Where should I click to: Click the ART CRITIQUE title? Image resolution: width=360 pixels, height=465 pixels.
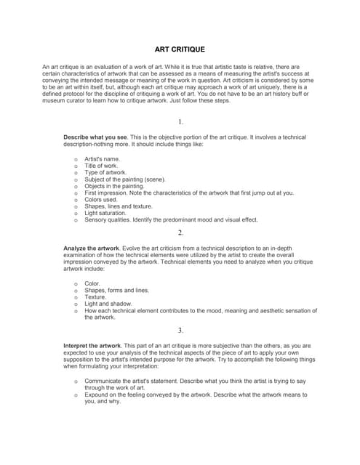(180, 49)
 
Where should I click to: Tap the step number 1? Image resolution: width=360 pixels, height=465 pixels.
(180, 121)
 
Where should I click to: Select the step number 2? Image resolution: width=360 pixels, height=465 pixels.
(180, 232)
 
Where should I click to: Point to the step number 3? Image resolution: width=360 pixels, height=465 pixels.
(180, 330)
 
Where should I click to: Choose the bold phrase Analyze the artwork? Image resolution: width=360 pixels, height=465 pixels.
(95, 248)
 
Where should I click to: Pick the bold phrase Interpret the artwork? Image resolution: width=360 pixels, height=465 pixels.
(93, 345)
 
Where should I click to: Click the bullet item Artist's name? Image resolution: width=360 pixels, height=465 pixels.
(103, 158)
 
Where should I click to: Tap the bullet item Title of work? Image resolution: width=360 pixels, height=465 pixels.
(101, 165)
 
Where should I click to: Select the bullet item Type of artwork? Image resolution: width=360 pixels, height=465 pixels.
(105, 172)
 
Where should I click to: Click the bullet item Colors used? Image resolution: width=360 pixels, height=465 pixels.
(102, 199)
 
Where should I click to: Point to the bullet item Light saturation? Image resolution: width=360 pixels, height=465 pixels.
(105, 213)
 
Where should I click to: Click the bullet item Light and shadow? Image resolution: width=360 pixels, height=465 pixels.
(107, 304)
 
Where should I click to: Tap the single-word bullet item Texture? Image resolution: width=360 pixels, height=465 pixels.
(95, 297)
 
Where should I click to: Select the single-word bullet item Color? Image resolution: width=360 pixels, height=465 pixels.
(92, 283)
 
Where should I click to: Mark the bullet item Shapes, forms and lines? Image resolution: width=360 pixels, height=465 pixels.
(116, 290)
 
